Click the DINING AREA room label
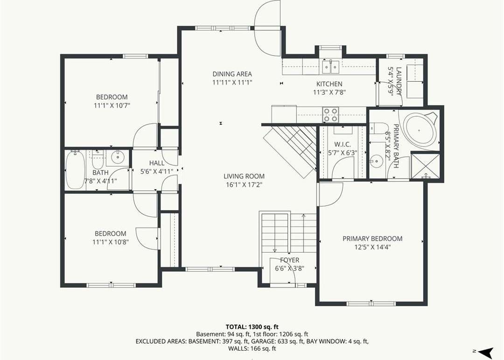232,74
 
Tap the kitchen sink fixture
331,67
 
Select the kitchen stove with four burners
331,115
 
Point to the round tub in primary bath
419,131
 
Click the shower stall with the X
425,166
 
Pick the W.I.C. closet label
343,145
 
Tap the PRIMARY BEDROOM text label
372,239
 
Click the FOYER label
289,260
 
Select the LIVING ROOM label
244,176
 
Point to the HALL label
156,163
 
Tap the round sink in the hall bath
118,157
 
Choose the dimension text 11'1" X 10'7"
112,105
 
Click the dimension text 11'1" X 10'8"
111,242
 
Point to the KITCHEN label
329,84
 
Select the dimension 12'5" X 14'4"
372,247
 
